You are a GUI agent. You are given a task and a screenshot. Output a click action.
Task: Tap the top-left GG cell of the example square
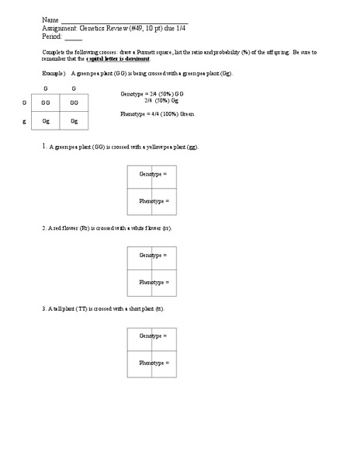[46, 103]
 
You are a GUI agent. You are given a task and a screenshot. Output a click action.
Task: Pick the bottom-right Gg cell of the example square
[74, 121]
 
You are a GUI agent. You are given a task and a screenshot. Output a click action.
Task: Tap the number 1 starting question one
[44, 146]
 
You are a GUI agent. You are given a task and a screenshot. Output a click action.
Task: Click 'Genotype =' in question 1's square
[153, 175]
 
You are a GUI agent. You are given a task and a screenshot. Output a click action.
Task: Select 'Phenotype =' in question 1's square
[154, 201]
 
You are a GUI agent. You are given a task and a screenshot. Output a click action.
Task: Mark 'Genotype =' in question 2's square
[153, 256]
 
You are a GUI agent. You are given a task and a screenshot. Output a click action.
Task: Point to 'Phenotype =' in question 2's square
[154, 282]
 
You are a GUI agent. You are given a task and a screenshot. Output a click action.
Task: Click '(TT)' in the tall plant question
[86, 309]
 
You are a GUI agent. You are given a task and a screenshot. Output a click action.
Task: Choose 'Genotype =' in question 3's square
[153, 336]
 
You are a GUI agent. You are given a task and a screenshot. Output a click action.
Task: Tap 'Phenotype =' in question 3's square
[154, 363]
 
